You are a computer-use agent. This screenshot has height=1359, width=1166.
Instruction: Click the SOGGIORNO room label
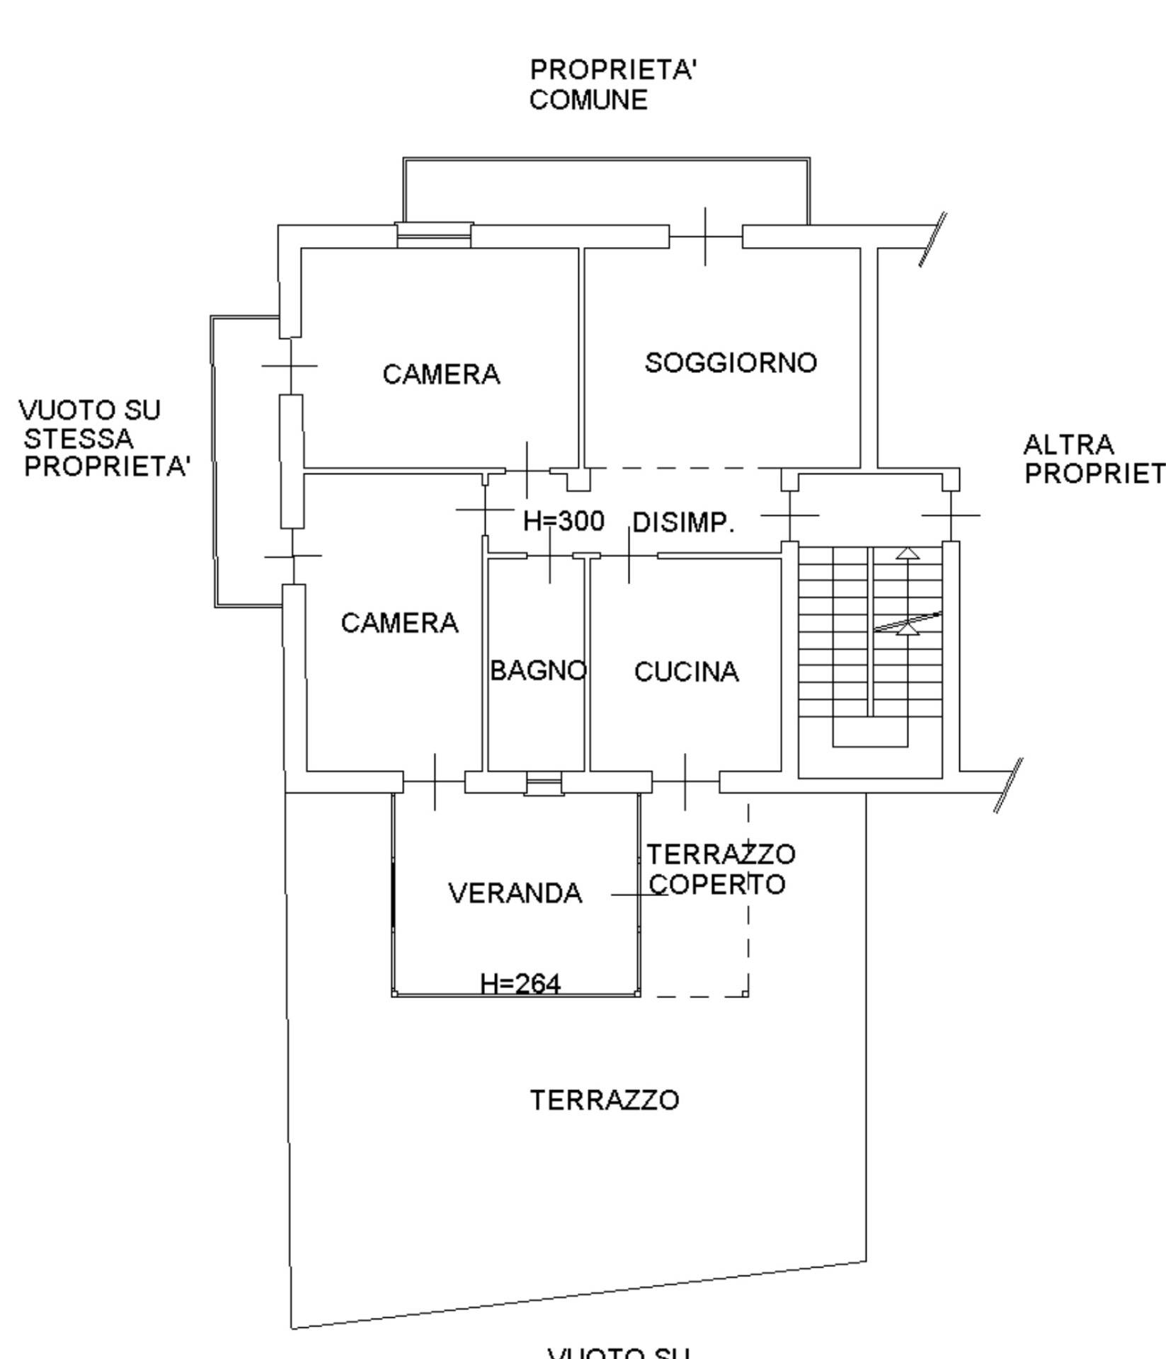coord(731,363)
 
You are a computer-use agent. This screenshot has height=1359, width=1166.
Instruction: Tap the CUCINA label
coord(686,672)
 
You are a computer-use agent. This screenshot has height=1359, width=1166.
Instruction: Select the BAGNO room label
coord(538,670)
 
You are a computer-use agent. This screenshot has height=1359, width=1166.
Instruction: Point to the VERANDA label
coord(515,893)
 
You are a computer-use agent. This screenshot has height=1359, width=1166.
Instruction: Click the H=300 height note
coord(564,521)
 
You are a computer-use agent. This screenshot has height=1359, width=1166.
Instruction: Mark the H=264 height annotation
coord(520,984)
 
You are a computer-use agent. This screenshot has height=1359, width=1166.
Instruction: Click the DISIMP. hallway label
coord(683,522)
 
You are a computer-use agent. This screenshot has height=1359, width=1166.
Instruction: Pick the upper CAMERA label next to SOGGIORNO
coord(441,374)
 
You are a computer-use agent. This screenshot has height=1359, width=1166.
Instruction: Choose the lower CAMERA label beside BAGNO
coord(399,624)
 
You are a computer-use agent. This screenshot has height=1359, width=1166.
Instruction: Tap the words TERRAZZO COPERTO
coord(720,869)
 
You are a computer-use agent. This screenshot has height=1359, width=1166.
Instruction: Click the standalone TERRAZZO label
coord(605,1100)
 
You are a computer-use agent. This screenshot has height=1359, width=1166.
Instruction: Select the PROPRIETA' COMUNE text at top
coord(613,85)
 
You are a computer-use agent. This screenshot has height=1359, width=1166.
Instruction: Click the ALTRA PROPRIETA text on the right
coord(1092,459)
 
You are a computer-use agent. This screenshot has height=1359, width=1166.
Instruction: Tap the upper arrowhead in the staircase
coord(908,554)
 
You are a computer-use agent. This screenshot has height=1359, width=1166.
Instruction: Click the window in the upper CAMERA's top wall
coord(433,235)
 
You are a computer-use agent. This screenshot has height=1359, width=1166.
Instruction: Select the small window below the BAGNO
coord(544,784)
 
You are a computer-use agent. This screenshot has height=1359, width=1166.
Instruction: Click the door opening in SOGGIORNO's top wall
coord(705,236)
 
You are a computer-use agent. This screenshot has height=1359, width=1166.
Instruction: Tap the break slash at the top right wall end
coord(932,239)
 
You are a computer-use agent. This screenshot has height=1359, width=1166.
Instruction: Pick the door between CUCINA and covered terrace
coord(685,782)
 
